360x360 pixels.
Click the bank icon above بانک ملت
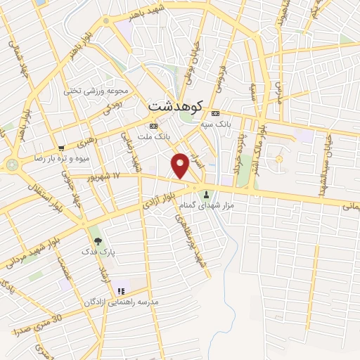pyautogui.click(x=154, y=125)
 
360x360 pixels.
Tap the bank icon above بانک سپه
pyautogui.click(x=216, y=114)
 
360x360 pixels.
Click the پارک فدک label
pyautogui.click(x=97, y=251)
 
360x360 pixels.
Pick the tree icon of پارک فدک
pyautogui.click(x=97, y=241)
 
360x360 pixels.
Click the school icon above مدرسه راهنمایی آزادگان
pyautogui.click(x=122, y=290)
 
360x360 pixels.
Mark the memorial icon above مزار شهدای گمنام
pyautogui.click(x=207, y=194)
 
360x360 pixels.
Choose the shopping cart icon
pyautogui.click(x=62, y=148)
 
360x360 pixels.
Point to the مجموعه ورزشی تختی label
pyautogui.click(x=105, y=91)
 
